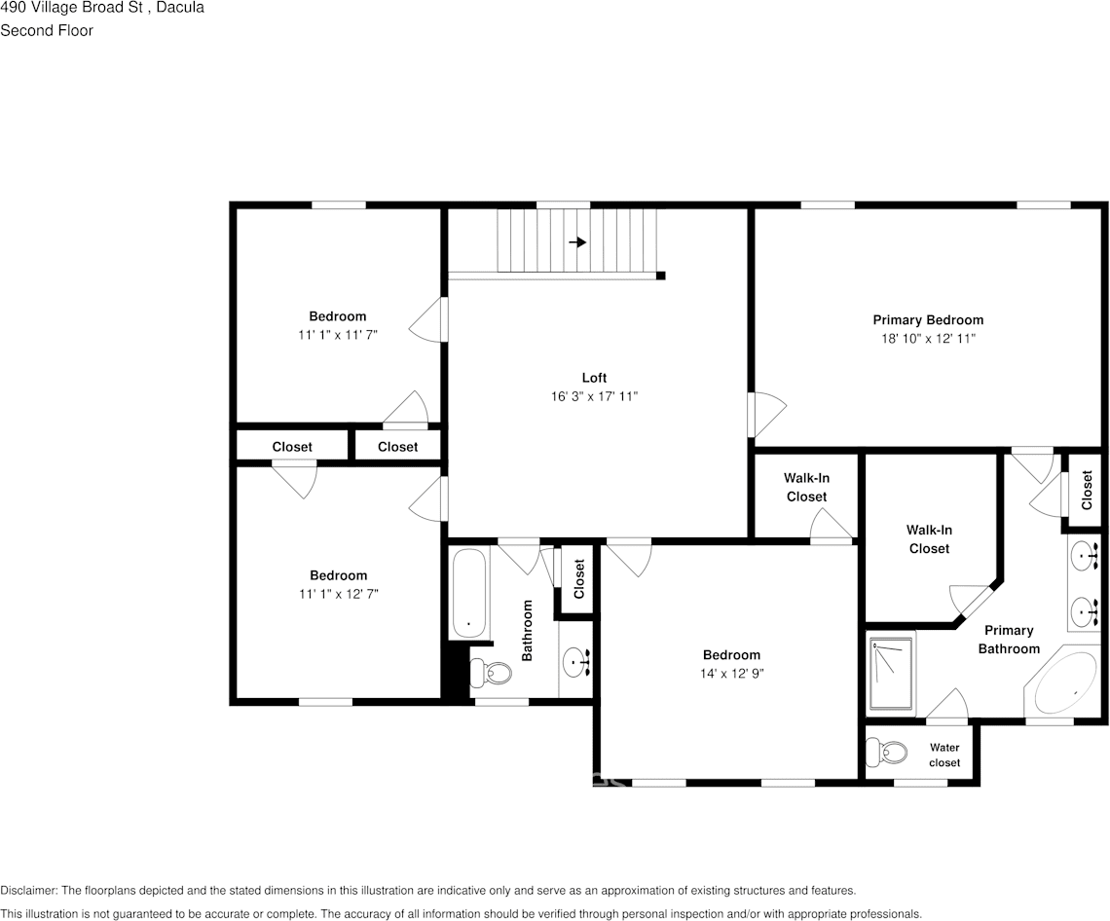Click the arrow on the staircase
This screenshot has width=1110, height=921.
[x=577, y=242]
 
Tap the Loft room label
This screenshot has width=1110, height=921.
[x=594, y=378]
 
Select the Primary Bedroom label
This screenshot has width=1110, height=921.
[x=927, y=319]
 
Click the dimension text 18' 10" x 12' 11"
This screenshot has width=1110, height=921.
[x=927, y=339]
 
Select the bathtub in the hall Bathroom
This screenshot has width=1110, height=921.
[x=469, y=594]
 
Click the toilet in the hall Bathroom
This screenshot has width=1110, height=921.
[x=493, y=671]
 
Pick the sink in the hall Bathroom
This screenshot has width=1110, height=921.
[x=575, y=663]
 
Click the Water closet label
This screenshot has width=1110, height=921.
[x=943, y=755]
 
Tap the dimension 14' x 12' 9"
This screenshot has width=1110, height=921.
[x=731, y=674]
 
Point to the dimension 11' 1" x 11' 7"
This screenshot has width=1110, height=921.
[x=337, y=335]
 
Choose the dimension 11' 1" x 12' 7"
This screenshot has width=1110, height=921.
[x=338, y=594]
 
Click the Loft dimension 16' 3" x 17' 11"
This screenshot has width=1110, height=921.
[x=594, y=396]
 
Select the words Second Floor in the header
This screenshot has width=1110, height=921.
[x=47, y=30]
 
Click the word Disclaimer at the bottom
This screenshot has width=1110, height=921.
[x=28, y=890]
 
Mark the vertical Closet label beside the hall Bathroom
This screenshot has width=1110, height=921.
[x=579, y=578]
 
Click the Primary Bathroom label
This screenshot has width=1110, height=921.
[x=1009, y=640]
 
